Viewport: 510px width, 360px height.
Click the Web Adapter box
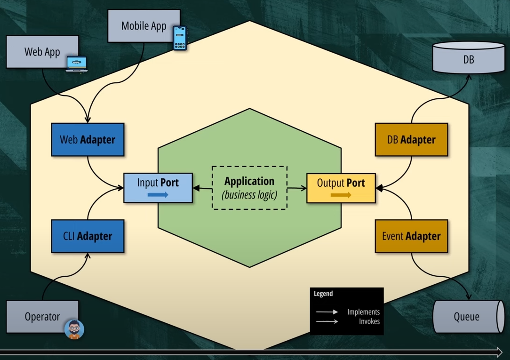[88, 140]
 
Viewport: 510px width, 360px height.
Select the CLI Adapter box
[88, 236]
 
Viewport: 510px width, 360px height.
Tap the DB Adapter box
[411, 140]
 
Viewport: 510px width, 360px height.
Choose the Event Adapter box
[411, 236]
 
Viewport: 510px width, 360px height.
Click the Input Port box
[158, 188]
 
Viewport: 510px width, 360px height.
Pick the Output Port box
[341, 188]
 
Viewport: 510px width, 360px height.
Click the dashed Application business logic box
[249, 187]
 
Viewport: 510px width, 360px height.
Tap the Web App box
[42, 52]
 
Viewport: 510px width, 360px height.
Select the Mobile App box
[143, 26]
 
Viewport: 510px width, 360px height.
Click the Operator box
[42, 317]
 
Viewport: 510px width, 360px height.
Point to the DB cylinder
[468, 58]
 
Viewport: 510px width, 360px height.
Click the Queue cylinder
[467, 317]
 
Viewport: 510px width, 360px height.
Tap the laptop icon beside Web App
[76, 64]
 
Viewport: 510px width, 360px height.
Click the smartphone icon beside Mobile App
[180, 38]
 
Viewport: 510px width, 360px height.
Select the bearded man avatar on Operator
[74, 329]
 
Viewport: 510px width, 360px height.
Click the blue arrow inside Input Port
[158, 195]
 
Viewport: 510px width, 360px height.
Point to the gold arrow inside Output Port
[341, 195]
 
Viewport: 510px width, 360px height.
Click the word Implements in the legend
[363, 312]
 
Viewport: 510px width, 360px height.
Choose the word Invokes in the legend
[369, 321]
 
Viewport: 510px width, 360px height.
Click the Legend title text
[323, 294]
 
